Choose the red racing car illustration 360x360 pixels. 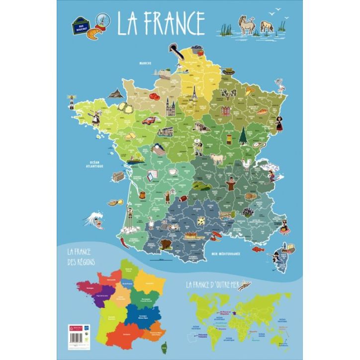coord(148,119)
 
